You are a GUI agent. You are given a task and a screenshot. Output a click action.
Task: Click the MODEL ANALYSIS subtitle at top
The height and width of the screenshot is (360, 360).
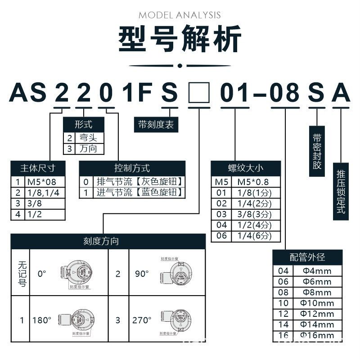tap(180, 15)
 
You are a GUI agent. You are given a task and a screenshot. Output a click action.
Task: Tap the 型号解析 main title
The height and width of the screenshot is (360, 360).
tap(180, 40)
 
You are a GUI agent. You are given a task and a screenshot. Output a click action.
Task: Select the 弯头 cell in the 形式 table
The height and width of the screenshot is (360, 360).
tap(89, 138)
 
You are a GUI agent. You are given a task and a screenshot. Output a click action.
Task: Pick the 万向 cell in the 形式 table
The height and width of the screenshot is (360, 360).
tap(89, 148)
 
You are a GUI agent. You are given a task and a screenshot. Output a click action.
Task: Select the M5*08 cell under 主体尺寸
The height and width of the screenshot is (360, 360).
tap(44, 182)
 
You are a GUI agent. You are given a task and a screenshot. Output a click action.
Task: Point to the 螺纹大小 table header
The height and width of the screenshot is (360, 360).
tap(246, 168)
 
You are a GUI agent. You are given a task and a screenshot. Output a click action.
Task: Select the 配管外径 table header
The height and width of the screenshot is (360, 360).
tap(307, 257)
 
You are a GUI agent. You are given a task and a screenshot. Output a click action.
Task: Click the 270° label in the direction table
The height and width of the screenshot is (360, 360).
tap(142, 320)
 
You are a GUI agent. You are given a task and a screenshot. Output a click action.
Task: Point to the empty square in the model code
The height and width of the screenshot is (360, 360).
tap(198, 93)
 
